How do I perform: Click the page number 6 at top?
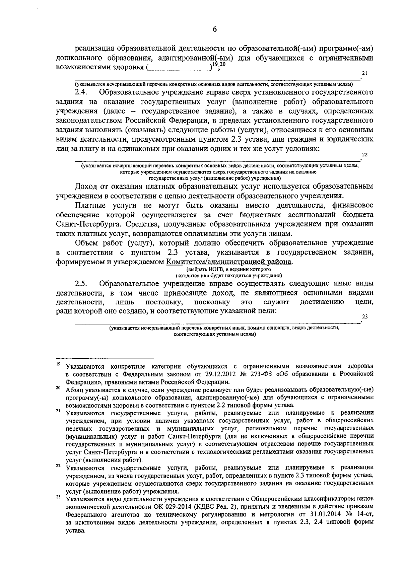coord(215,30)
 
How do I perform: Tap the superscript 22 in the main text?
coord(365,154)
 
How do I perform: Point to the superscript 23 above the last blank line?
coord(365,316)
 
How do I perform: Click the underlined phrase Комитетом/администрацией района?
coord(229,262)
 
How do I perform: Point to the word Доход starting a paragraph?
coord(87,187)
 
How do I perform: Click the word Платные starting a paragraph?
coord(90,205)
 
